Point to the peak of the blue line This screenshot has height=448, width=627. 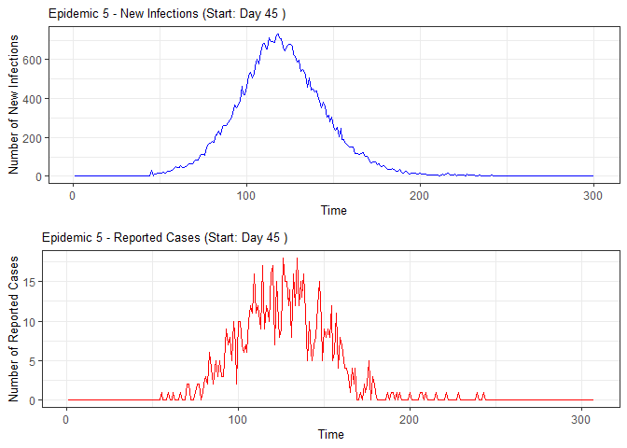coord(277,35)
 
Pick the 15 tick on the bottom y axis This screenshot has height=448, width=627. coord(32,282)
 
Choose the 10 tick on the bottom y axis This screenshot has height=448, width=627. coord(32,322)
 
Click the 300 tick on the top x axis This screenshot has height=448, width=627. coord(592,194)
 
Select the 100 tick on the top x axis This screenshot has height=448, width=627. coord(246,194)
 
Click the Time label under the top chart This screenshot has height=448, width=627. coord(333,210)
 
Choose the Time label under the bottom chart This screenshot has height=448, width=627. coord(330,434)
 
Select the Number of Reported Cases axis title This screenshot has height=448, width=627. coord(14,328)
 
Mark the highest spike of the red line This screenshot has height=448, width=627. coord(297,259)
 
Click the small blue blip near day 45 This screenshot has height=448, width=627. coord(151,171)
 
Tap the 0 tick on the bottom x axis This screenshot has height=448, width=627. coord(65,418)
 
